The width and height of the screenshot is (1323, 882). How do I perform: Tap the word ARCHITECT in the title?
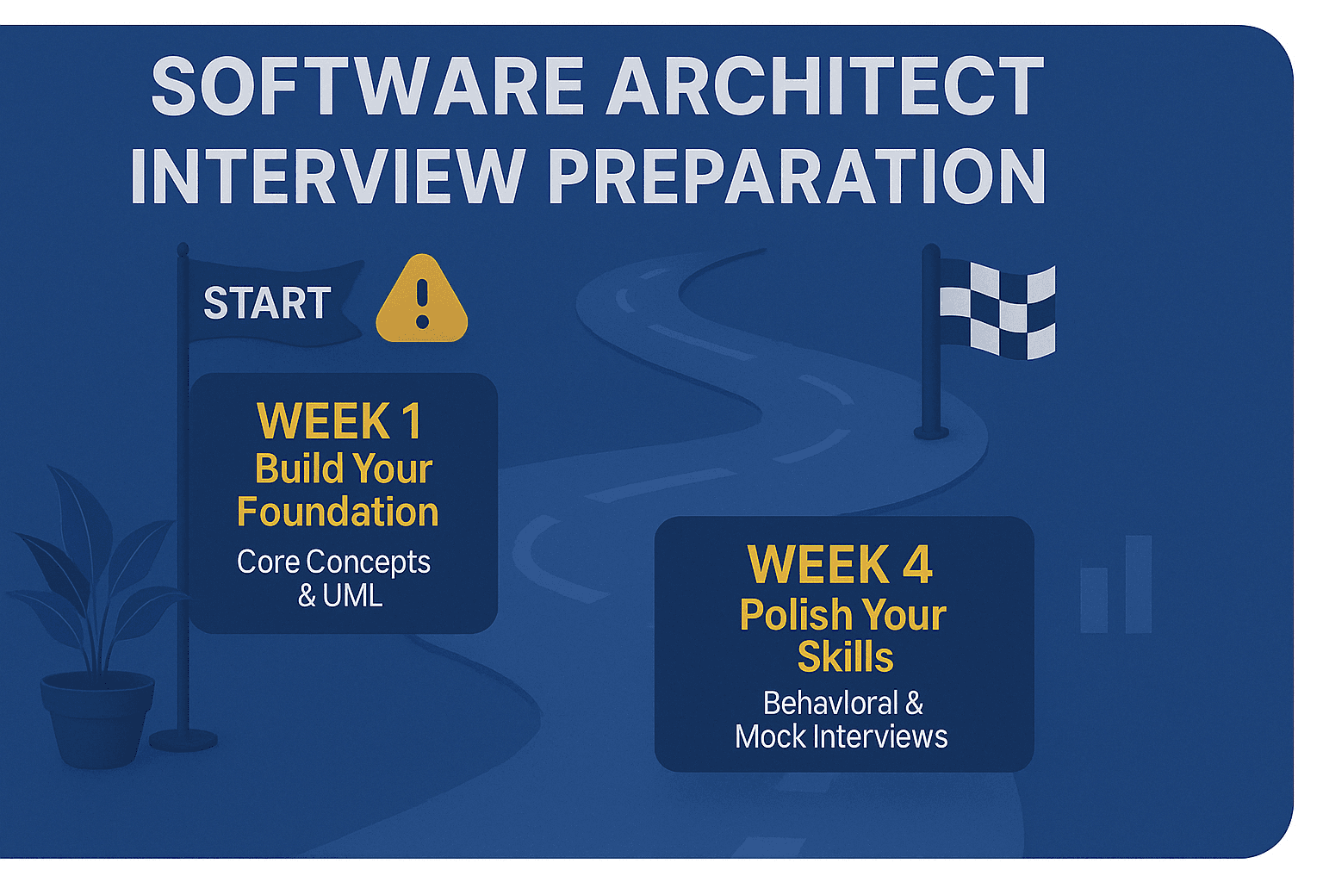coord(826,86)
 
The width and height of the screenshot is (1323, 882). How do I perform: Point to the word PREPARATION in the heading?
coord(797,176)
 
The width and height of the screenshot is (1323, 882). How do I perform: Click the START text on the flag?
coord(267,303)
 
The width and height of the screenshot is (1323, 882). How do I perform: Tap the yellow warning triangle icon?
coord(422,298)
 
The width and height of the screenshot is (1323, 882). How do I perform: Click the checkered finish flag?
coord(997,310)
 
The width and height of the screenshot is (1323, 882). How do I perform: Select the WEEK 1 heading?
coord(339,420)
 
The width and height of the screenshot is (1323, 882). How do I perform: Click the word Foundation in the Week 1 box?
coord(338,512)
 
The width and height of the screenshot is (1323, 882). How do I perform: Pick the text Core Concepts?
coord(333,562)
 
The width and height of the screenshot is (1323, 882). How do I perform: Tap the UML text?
coord(352,595)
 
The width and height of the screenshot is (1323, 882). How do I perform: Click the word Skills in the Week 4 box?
coord(845,656)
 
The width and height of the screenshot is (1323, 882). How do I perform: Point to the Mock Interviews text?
coord(841,736)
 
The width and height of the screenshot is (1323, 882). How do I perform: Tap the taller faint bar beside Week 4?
coord(1138,584)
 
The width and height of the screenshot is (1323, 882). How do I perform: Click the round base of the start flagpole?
coord(183,740)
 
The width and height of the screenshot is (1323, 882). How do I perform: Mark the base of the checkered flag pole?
coord(931,432)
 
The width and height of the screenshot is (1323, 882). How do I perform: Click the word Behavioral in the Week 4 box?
coord(830,703)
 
